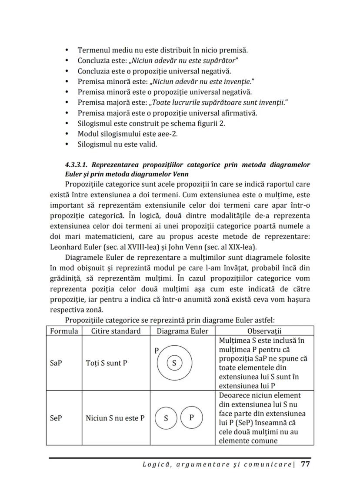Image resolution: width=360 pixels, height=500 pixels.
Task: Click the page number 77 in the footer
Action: [305, 464]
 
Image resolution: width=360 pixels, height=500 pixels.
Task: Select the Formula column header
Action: [64, 331]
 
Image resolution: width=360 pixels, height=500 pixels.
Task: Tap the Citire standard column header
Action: [116, 331]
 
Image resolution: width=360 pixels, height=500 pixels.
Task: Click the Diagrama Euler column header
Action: [182, 331]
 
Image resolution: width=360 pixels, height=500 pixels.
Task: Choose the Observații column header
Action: [264, 331]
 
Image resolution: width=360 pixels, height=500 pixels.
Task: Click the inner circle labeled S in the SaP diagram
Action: [174, 363]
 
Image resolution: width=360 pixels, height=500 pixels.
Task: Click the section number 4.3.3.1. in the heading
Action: [77, 165]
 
